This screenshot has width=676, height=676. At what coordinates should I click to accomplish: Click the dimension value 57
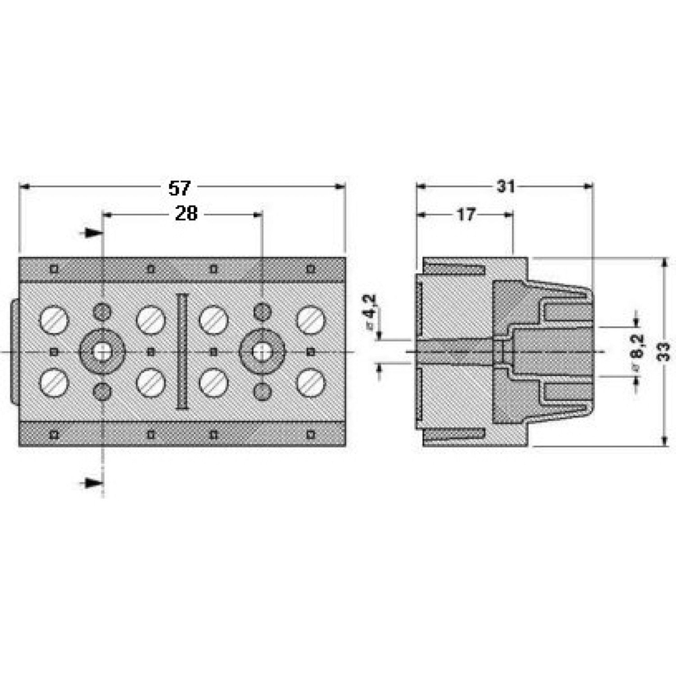point(180,187)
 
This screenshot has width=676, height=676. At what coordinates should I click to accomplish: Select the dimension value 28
point(186,214)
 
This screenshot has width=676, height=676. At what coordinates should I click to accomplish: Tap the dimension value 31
point(506,187)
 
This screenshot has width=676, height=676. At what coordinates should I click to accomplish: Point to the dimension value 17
point(466,214)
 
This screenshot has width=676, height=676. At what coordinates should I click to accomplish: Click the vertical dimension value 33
point(664,351)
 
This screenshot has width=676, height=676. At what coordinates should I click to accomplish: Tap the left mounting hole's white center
point(102,351)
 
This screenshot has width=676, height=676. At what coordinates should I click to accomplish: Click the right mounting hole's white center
point(262,351)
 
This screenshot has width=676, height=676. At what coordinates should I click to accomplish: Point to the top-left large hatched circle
point(54,319)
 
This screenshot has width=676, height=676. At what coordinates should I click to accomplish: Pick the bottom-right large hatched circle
point(310,383)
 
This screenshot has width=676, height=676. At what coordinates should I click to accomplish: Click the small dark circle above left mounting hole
point(102,312)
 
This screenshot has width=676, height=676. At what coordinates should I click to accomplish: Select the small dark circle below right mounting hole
point(262,391)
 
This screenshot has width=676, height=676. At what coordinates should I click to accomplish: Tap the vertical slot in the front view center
point(181,352)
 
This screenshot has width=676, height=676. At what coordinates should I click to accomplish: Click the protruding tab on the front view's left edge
point(15,352)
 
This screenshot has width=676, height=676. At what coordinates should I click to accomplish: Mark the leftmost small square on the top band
point(54,269)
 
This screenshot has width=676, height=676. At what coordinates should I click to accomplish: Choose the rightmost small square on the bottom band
point(310,433)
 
